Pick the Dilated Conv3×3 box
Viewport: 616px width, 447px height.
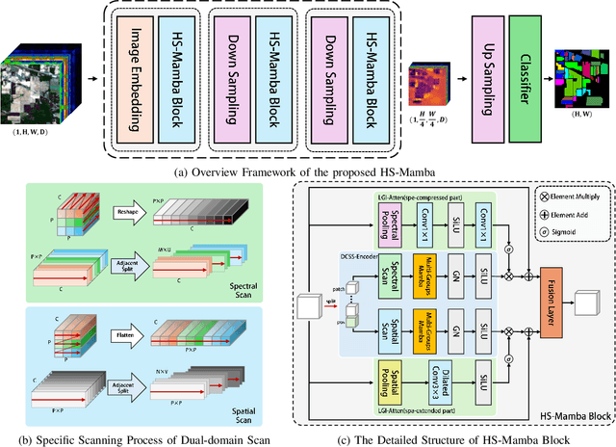(x=409, y=397)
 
